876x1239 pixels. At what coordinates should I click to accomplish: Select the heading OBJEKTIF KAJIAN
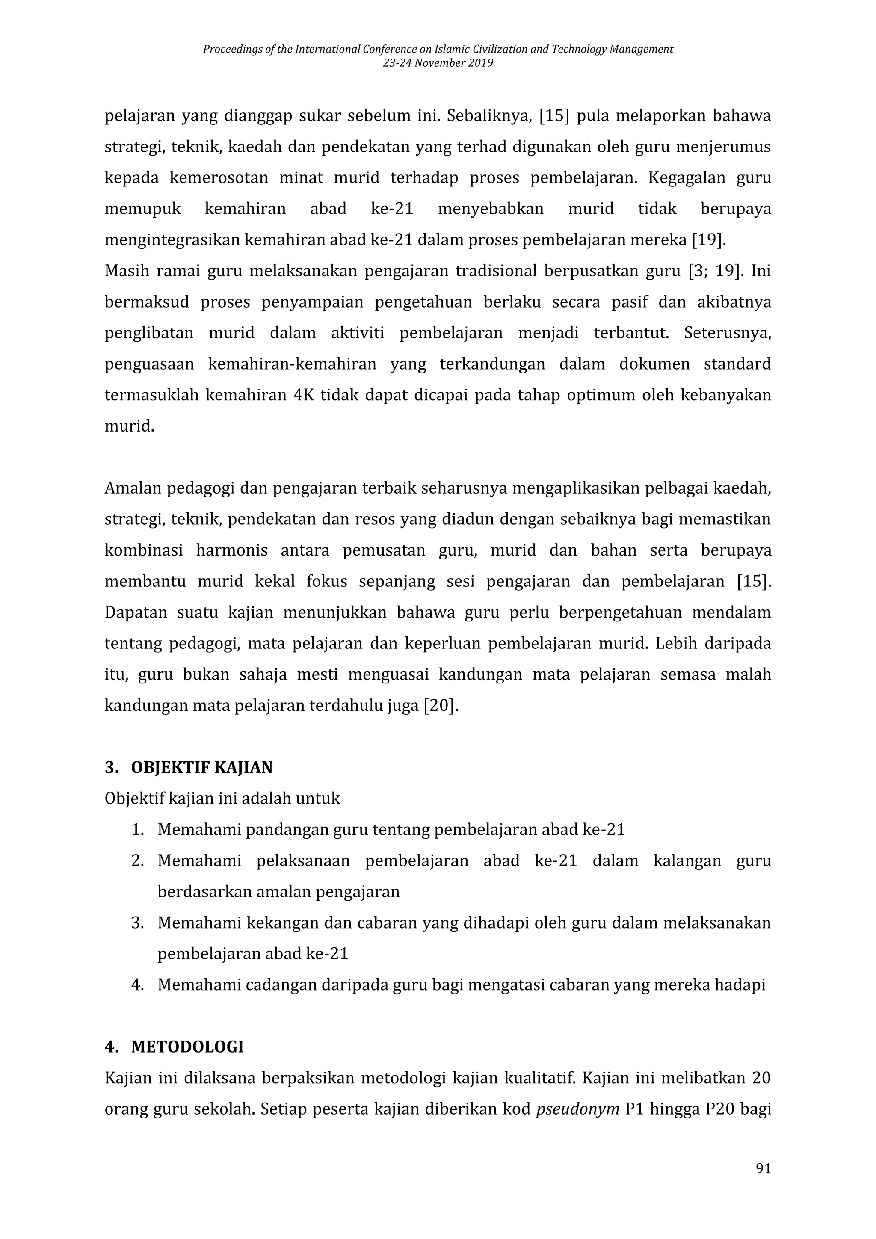click(201, 767)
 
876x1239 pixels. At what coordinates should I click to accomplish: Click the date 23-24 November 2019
click(438, 63)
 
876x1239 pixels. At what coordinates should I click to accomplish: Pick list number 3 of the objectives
click(138, 923)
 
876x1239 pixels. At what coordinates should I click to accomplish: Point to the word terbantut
click(631, 333)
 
